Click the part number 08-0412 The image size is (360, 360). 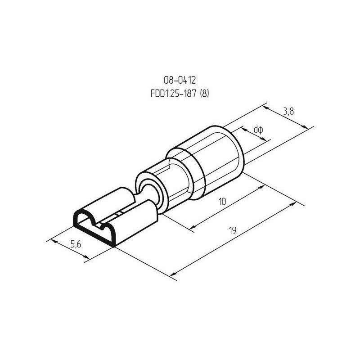point(180,80)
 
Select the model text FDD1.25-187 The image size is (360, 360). point(174,94)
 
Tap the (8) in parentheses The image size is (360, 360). point(205,94)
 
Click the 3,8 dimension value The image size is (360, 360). point(288,112)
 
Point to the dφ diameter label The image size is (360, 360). point(258,130)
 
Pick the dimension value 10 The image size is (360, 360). point(222,202)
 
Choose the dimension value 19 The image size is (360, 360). point(233,230)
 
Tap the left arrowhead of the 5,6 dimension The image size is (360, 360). point(54,241)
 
